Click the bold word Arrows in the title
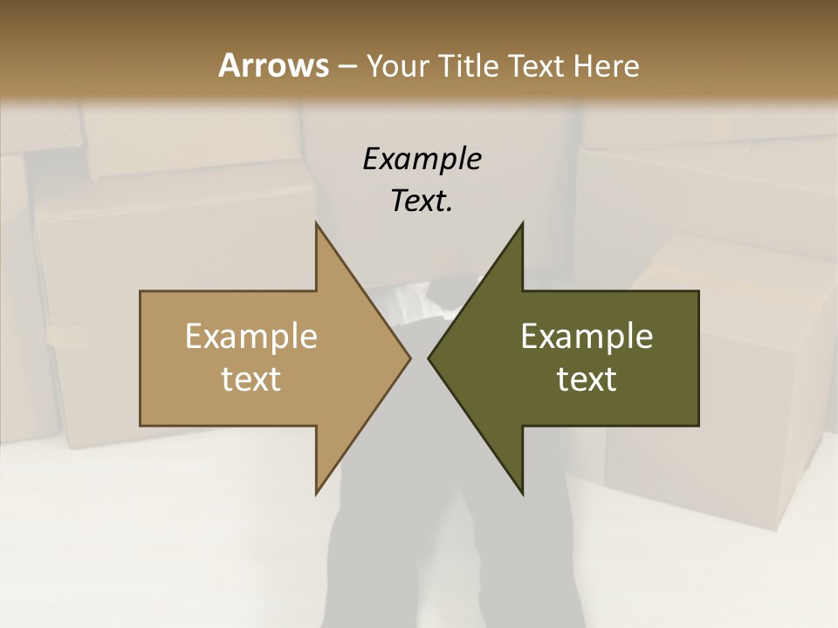pyautogui.click(x=273, y=65)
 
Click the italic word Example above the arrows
pyautogui.click(x=422, y=160)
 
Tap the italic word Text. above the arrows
pyautogui.click(x=422, y=201)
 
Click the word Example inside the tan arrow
pyautogui.click(x=251, y=337)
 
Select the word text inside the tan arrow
pyautogui.click(x=251, y=379)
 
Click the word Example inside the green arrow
pyautogui.click(x=587, y=337)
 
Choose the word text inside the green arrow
pyautogui.click(x=587, y=379)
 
